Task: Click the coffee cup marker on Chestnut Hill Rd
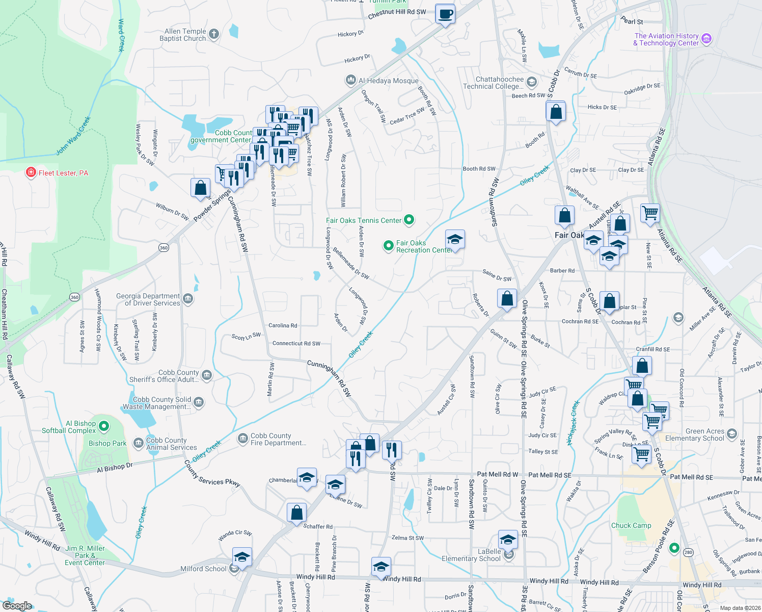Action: pos(445,14)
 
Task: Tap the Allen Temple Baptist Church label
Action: pos(182,35)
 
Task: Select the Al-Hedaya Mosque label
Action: pos(388,81)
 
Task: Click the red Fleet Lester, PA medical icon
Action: pos(31,172)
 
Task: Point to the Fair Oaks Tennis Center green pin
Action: pos(409,220)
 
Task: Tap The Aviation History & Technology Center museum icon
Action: pos(706,39)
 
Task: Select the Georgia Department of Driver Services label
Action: pos(148,299)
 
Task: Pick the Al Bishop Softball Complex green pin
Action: pos(104,425)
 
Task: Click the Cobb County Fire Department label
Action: pos(278,439)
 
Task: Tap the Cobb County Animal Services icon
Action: pos(138,443)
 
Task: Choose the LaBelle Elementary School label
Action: pos(471,555)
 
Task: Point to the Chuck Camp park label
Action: pos(631,525)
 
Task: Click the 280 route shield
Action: pos(688,552)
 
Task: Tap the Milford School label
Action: pos(203,569)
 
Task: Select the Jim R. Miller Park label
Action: pos(85,555)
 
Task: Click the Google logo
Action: pos(17,606)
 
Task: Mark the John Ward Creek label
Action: pos(73,136)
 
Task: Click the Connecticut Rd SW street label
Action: pos(296,343)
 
